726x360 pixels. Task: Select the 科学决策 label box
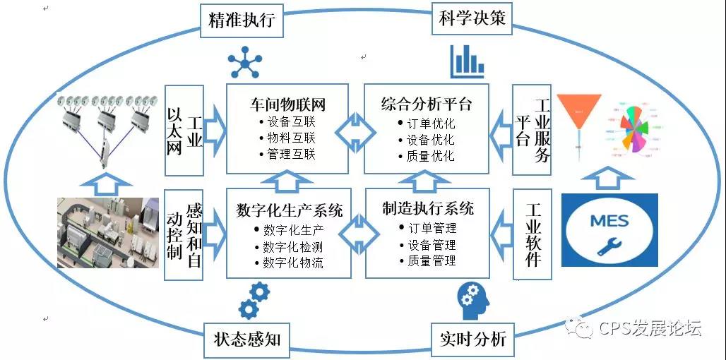(472, 19)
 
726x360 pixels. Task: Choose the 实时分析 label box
(472, 340)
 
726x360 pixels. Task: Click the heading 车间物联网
(287, 104)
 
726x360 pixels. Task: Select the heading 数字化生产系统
(290, 210)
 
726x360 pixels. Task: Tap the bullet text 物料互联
(287, 138)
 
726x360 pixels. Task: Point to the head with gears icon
(473, 299)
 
